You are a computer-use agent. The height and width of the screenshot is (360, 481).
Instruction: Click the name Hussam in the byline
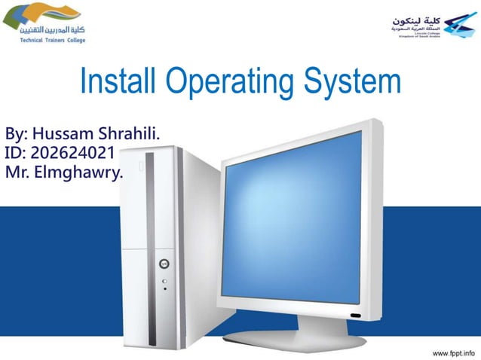tap(66, 135)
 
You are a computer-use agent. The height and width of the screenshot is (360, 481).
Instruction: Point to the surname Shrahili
tap(130, 135)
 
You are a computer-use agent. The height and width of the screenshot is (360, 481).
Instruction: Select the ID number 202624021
tap(78, 154)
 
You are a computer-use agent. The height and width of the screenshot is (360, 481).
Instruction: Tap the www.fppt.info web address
tap(455, 352)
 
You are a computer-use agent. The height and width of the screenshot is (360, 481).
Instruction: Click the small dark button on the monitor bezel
tap(354, 313)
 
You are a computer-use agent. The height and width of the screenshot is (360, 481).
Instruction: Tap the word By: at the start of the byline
tap(17, 135)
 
